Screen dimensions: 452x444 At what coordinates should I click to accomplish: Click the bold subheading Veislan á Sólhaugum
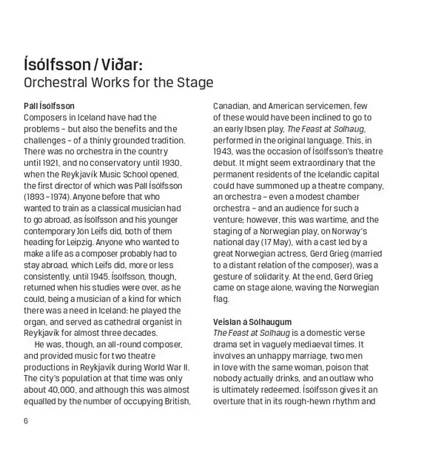point(252,322)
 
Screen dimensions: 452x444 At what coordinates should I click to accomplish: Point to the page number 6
point(26,421)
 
